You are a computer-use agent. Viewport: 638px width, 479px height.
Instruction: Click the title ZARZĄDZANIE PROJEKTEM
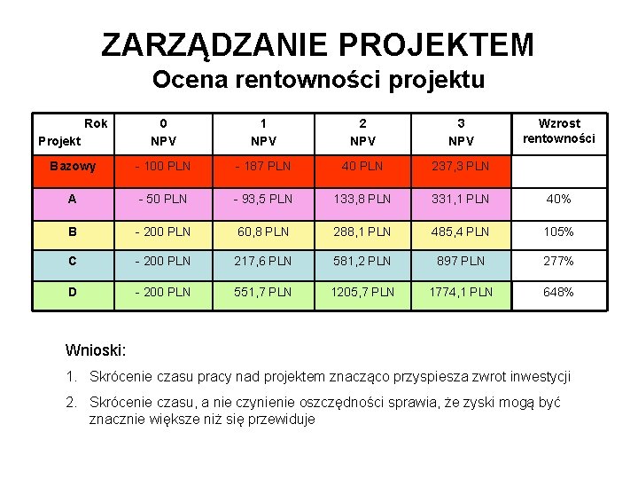(318, 43)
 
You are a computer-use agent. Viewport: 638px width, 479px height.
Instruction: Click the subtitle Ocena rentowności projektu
(318, 81)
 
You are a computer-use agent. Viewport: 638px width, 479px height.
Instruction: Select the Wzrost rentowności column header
(558, 131)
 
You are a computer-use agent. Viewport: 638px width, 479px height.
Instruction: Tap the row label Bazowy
(73, 166)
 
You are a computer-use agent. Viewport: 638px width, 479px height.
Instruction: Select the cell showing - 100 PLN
(163, 166)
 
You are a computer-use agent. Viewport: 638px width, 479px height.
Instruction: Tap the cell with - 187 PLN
(262, 166)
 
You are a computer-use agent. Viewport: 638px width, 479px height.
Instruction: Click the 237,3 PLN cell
(461, 166)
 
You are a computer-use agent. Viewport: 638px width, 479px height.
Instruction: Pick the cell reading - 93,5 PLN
(262, 199)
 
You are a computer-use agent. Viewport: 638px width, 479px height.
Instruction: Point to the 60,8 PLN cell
(262, 232)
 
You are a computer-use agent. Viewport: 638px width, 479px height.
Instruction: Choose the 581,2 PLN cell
(362, 261)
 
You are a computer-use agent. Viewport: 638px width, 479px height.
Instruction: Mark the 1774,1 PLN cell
(461, 292)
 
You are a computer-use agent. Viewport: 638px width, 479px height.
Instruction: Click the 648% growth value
(558, 292)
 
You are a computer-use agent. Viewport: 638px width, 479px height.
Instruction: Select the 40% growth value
(558, 199)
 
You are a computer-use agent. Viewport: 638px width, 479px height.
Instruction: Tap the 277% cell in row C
(558, 261)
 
